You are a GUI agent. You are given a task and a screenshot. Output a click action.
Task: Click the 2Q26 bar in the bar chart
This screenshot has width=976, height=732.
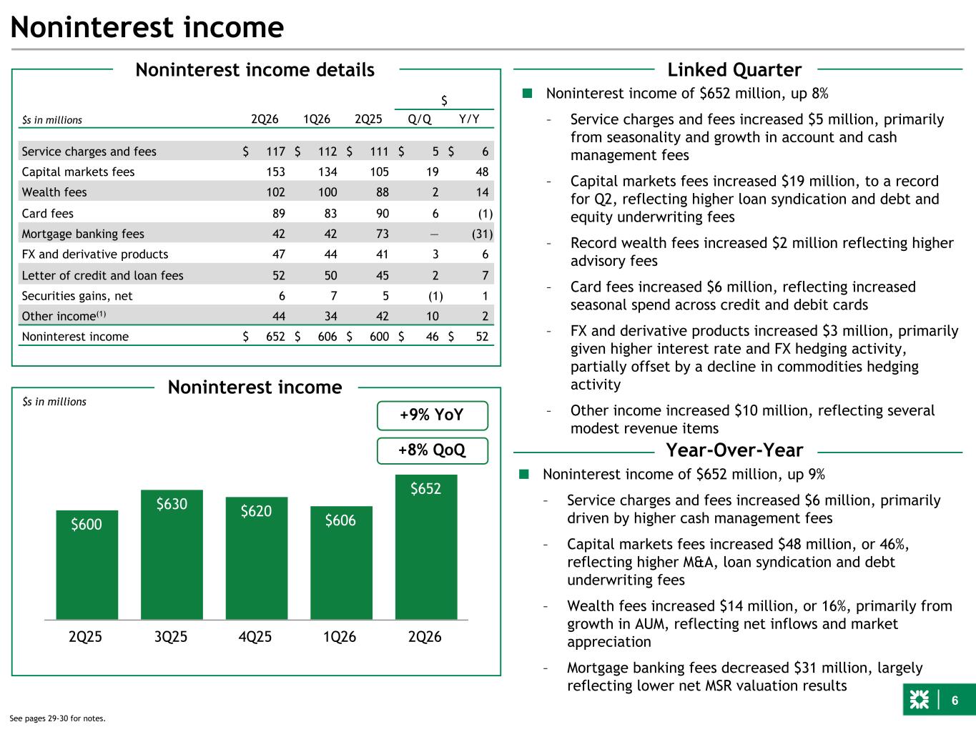pos(426,547)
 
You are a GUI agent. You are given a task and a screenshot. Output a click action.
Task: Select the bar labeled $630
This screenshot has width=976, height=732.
pos(172,554)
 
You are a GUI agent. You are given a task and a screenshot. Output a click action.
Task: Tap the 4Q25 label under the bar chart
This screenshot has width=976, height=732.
pos(255,637)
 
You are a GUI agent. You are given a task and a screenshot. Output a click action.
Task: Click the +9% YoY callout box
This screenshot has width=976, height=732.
pos(432,415)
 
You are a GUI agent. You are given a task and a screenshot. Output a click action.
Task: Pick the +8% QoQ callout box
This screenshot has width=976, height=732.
pos(432,450)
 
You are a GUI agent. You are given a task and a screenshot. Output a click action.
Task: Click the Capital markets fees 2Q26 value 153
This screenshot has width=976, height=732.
pos(276,172)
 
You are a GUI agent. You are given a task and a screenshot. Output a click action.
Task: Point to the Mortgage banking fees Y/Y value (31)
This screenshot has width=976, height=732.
pos(483,234)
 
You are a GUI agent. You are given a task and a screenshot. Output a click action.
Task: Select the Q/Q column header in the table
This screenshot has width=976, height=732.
pos(420,119)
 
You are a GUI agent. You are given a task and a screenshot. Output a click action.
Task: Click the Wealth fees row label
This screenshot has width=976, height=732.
pos(54,192)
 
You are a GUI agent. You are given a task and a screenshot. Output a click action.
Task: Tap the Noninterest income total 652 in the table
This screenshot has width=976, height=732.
pos(275,337)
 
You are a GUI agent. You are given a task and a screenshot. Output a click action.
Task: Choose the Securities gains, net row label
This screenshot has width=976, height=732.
pos(77,296)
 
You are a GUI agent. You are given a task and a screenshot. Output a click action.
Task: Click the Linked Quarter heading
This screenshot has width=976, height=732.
pos(734,70)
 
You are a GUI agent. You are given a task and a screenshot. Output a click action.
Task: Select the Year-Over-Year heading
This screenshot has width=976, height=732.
pos(734,450)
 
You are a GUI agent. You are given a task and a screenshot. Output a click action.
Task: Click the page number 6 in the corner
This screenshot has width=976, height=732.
pos(955,701)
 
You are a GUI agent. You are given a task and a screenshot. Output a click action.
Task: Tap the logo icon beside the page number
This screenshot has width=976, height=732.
pos(920,700)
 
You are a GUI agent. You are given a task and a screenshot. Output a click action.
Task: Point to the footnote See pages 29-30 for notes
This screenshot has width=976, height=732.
pos(57,718)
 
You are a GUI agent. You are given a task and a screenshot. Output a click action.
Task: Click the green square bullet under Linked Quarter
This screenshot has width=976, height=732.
pos(528,93)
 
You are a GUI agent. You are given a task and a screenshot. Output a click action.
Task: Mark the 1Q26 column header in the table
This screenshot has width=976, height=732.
pos(317,119)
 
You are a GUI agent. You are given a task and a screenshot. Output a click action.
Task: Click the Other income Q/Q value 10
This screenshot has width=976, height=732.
pos(433,317)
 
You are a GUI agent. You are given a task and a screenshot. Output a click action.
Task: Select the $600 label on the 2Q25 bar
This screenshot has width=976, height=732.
pos(87,525)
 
